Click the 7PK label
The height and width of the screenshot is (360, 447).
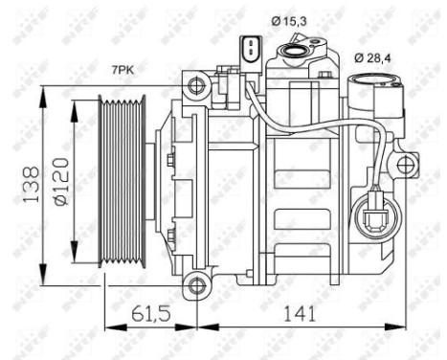pyautogui.click(x=123, y=70)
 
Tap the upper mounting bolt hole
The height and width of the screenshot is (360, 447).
pyautogui.click(x=197, y=89)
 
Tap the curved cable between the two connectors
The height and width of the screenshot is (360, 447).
pyautogui.click(x=325, y=122)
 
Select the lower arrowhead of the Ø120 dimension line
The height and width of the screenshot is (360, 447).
pyautogui.click(x=75, y=270)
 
